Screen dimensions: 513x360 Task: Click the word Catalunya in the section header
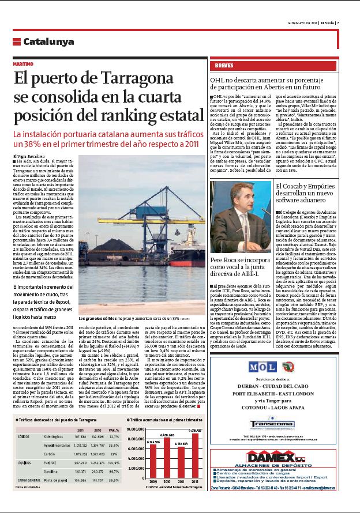48,42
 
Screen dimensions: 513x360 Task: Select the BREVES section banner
224,65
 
